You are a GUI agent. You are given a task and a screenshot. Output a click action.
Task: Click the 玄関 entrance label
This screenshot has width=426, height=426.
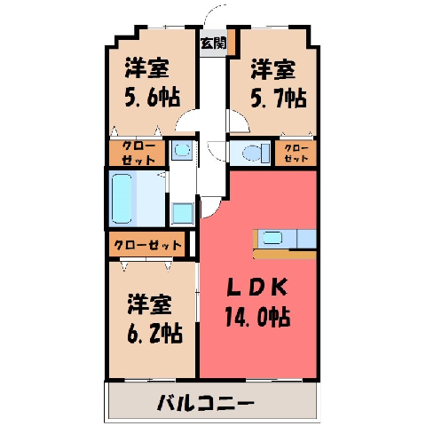pyautogui.click(x=213, y=43)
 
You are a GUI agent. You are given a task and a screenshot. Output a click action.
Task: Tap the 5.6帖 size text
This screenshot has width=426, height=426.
pyautogui.click(x=153, y=97)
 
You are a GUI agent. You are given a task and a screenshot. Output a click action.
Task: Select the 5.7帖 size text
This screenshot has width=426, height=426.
pyautogui.click(x=279, y=98)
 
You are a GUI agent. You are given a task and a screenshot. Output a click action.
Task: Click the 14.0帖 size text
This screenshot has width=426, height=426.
pyautogui.click(x=257, y=317)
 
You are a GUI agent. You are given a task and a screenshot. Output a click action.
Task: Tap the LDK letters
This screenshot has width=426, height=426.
pyautogui.click(x=256, y=287)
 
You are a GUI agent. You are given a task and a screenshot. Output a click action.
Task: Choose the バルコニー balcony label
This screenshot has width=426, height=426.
pyautogui.click(x=206, y=402)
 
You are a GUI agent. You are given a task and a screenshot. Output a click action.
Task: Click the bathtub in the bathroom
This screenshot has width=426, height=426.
pyautogui.click(x=122, y=198)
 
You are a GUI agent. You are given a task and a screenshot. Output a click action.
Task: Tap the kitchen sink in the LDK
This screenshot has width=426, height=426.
pyautogui.click(x=272, y=238)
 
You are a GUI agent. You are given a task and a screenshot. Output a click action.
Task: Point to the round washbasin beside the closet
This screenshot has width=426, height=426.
pyautogui.click(x=182, y=150)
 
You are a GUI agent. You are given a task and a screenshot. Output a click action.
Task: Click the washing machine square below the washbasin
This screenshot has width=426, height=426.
pyautogui.click(x=183, y=213)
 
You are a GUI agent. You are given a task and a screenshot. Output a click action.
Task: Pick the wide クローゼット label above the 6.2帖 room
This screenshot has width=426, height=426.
pyautogui.click(x=147, y=245)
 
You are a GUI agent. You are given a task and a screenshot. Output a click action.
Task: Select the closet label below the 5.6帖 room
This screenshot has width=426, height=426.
pyautogui.click(x=138, y=153)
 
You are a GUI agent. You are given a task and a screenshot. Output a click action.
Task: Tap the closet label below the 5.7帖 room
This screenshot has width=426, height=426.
pyautogui.click(x=296, y=153)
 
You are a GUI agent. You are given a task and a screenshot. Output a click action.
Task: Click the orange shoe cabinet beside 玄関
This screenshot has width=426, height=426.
pyautogui.click(x=231, y=42)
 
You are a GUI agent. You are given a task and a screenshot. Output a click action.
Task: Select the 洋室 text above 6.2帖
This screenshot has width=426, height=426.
pyautogui.click(x=150, y=304)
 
